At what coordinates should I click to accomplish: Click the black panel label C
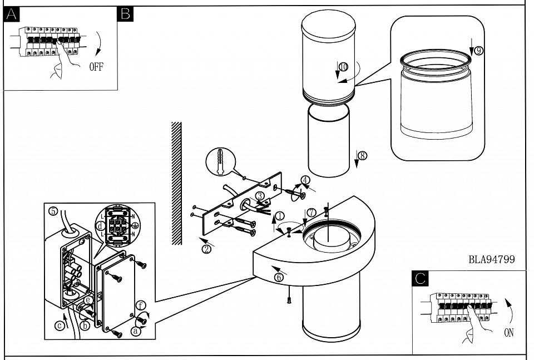tap(420, 278)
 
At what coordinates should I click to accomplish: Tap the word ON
tap(508, 333)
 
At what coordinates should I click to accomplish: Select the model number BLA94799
tap(491, 259)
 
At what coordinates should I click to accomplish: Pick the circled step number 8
tap(363, 156)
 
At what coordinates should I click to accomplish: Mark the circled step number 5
tap(53, 211)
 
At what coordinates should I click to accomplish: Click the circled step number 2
tap(207, 249)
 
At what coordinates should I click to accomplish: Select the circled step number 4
tap(305, 180)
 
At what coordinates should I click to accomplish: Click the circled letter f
tap(141, 305)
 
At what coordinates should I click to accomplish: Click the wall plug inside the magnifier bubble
tap(222, 160)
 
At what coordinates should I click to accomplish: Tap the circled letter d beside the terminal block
tap(100, 226)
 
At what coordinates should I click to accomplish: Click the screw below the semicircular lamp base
tap(289, 300)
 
